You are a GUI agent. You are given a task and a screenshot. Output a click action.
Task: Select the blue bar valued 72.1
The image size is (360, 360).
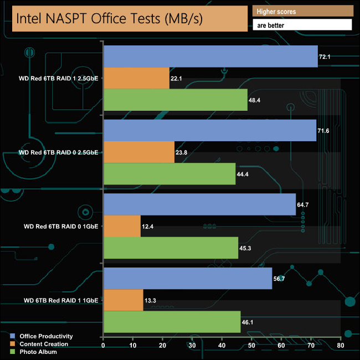[210, 56]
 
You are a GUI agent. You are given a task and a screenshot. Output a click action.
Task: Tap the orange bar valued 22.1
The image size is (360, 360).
[136, 78]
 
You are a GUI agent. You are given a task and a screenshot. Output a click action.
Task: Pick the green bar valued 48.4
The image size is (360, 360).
[176, 100]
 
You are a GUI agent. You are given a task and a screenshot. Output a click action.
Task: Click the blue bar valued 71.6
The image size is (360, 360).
[210, 130]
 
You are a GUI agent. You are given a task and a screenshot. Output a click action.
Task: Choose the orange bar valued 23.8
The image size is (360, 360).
[139, 152]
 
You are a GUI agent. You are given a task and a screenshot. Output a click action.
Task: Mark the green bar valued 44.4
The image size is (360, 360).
[169, 173]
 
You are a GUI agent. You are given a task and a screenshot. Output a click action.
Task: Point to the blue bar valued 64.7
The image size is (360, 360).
[199, 204]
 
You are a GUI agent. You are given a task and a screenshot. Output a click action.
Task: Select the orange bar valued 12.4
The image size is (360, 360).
[122, 225]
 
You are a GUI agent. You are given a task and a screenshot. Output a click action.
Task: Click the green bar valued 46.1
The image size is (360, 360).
[172, 321]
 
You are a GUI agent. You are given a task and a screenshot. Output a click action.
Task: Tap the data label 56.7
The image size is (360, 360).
[279, 279]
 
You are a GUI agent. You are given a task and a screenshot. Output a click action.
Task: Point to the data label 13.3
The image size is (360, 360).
[150, 300]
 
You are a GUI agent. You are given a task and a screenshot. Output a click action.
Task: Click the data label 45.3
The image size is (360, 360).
[245, 248]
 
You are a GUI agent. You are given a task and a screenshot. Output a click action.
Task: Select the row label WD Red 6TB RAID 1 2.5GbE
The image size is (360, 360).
[58, 79]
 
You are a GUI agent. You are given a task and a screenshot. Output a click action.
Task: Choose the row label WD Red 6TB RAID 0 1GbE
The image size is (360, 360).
[61, 226]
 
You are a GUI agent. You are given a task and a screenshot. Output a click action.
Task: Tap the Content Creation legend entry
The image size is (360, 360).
[44, 344]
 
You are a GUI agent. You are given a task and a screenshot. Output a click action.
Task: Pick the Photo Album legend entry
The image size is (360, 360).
[38, 352]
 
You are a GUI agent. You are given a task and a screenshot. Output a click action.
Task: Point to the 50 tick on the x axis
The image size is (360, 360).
[251, 346]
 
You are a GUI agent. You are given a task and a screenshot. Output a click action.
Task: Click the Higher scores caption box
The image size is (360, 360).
[302, 11]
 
